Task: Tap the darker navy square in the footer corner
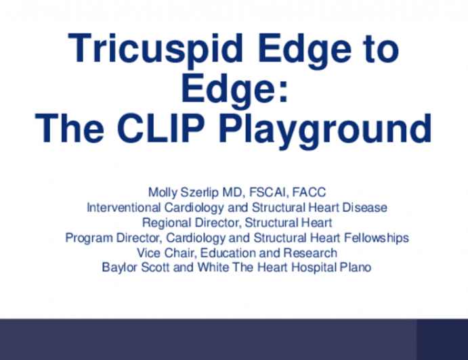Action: click(442, 339)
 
